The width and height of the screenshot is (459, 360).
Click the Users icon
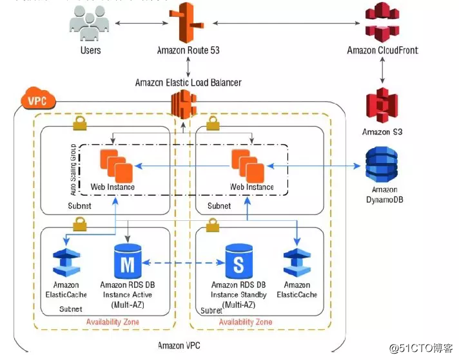(x=90, y=23)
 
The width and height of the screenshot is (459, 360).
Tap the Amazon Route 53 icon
(x=187, y=23)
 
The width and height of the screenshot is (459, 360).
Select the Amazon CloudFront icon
(x=383, y=23)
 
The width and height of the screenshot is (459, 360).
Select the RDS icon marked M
(x=127, y=261)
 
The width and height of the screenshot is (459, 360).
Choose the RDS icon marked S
(x=239, y=261)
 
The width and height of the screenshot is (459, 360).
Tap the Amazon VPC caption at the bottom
(x=183, y=346)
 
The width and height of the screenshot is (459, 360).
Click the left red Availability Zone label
(x=113, y=321)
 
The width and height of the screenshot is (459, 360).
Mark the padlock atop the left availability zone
(x=79, y=122)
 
